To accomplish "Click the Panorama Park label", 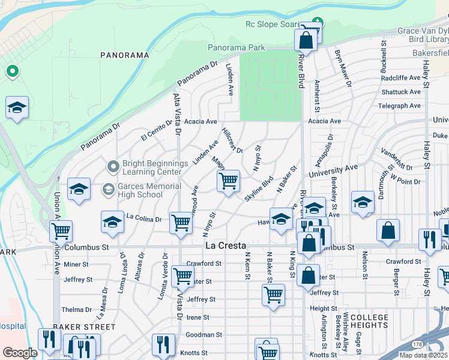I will [x=236, y=47].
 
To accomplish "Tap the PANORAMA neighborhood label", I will [x=125, y=55].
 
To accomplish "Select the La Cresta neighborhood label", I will [x=225, y=246].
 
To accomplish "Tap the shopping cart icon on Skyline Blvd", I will [x=228, y=181].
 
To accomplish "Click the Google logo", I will [x=20, y=353].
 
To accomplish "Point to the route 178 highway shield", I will [x=418, y=344].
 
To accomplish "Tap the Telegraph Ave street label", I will [x=399, y=106].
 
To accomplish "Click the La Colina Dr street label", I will [x=144, y=220].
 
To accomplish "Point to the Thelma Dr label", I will [x=76, y=310].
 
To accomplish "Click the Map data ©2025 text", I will [x=424, y=355].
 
